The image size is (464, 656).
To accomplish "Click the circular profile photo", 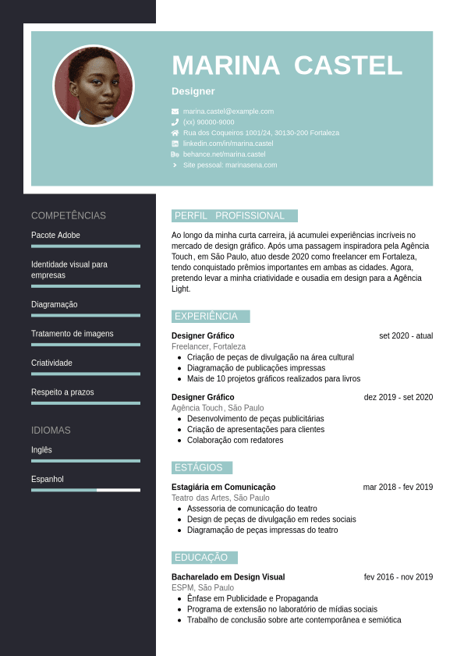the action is pyautogui.click(x=94, y=86).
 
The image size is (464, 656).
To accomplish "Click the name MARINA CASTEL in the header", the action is pyautogui.click(x=287, y=66).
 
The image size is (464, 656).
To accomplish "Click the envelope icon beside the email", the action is pyautogui.click(x=175, y=112).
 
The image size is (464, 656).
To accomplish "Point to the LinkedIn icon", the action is pyautogui.click(x=175, y=144).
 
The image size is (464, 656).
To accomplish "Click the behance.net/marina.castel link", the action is pyautogui.click(x=224, y=154).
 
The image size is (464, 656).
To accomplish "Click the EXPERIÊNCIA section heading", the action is pyautogui.click(x=207, y=317).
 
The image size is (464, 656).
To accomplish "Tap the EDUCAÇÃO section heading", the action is pyautogui.click(x=201, y=558).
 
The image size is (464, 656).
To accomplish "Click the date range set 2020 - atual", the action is pyautogui.click(x=406, y=336).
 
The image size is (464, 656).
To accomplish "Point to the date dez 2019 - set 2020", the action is pyautogui.click(x=398, y=397).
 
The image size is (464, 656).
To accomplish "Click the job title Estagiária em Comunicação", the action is pyautogui.click(x=223, y=488).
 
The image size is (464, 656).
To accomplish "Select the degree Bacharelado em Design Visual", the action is pyautogui.click(x=228, y=577).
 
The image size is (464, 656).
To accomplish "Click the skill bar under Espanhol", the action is pyautogui.click(x=86, y=490).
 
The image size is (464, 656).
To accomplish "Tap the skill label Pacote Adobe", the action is pyautogui.click(x=55, y=236).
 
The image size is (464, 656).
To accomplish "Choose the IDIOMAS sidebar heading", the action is pyautogui.click(x=51, y=431).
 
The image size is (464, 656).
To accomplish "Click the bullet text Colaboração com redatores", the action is pyautogui.click(x=235, y=441).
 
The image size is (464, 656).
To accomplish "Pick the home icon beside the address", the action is pyautogui.click(x=175, y=133).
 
